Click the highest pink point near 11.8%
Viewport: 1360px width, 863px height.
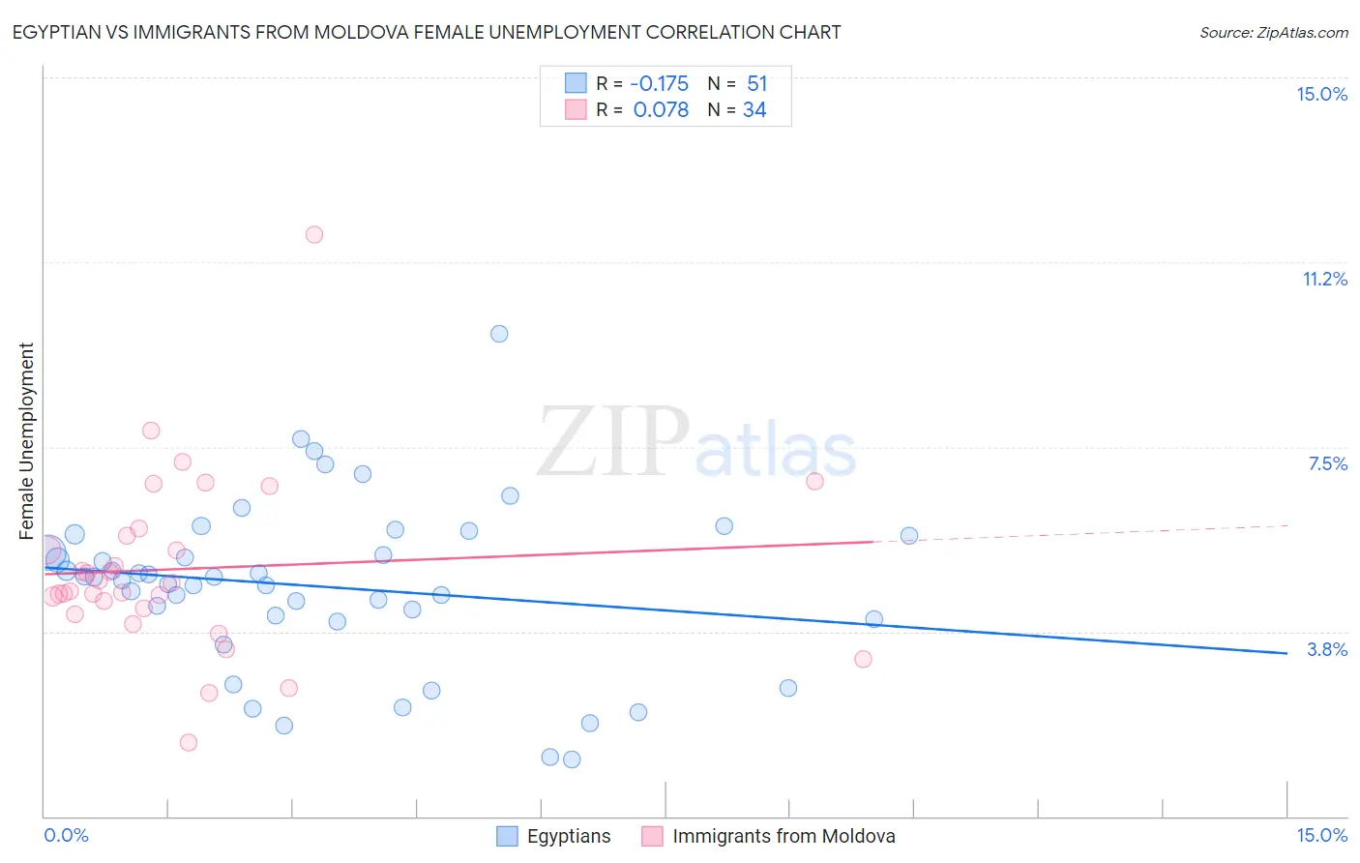(x=313, y=234)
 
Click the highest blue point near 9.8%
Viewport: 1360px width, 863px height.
(x=499, y=334)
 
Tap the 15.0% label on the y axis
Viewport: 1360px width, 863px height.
(x=1321, y=94)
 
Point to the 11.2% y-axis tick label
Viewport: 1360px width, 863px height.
(x=1324, y=279)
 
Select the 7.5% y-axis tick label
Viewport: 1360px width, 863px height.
(x=1327, y=463)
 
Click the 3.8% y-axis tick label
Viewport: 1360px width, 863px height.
(x=1327, y=649)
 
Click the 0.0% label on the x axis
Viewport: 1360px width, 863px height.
(x=66, y=835)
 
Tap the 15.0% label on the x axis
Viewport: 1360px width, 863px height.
(x=1321, y=835)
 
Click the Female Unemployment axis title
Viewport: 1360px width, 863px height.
(x=26, y=441)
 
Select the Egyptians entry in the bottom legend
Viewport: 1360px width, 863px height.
(x=568, y=836)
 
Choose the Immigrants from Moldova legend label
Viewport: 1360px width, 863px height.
(x=783, y=836)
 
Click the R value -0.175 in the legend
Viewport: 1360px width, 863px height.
(x=660, y=84)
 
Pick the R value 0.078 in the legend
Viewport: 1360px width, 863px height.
(x=661, y=110)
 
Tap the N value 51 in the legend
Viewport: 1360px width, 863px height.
(x=756, y=84)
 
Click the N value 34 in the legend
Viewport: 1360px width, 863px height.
(x=754, y=110)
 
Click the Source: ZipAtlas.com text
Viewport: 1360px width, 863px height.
(x=1273, y=32)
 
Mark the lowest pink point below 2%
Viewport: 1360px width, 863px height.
(x=189, y=742)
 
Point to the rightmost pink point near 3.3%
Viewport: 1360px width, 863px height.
(x=863, y=659)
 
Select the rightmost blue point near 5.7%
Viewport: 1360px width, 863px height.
(x=909, y=535)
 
